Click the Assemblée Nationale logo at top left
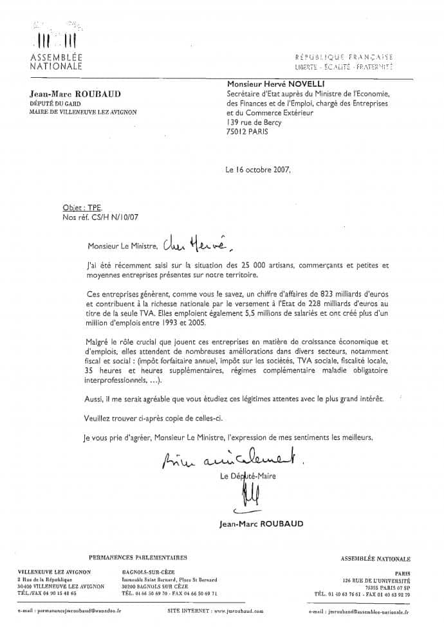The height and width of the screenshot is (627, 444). [56, 48]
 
